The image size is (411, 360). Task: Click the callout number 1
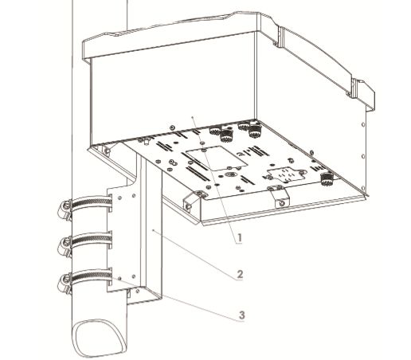pyautogui.click(x=237, y=236)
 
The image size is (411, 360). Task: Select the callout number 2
pyautogui.click(x=239, y=275)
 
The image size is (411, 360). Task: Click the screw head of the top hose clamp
pyautogui.click(x=61, y=210)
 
